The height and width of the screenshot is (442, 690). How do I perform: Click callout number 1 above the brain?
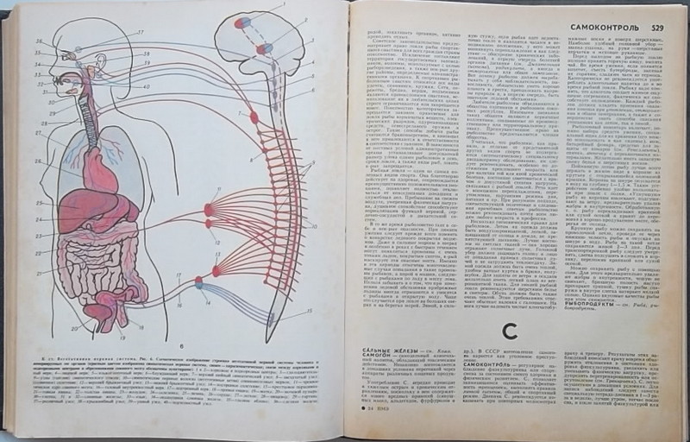281,7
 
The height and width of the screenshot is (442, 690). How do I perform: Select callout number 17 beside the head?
140,34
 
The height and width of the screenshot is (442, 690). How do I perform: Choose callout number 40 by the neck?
146,87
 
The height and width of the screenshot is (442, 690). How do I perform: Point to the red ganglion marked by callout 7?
254,117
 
